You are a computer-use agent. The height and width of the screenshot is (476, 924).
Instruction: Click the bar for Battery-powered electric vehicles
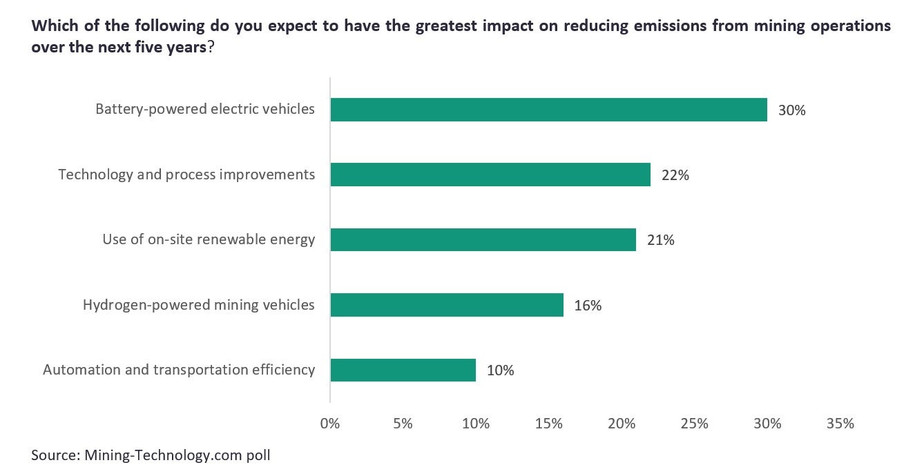click(x=548, y=110)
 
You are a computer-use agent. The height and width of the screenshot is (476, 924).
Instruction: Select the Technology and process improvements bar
click(x=490, y=175)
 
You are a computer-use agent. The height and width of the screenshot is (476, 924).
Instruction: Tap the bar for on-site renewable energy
click(x=483, y=239)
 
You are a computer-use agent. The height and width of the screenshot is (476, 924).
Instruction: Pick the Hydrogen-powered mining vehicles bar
click(x=447, y=305)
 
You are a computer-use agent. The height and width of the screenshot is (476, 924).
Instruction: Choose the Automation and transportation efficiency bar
click(x=403, y=370)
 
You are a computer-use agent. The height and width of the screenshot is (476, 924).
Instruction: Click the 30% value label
click(x=791, y=110)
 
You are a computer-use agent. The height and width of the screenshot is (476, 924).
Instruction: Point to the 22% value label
click(x=675, y=175)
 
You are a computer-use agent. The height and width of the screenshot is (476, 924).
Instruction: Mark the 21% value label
click(x=660, y=240)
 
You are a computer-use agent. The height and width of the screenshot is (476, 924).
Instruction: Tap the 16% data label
click(x=588, y=306)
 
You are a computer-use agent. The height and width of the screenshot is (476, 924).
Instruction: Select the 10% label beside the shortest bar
click(x=500, y=370)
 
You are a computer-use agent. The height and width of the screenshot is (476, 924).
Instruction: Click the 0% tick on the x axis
click(x=330, y=424)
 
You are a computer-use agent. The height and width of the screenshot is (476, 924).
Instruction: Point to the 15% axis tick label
click(x=548, y=424)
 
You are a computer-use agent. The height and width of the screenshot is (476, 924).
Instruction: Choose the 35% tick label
click(x=840, y=424)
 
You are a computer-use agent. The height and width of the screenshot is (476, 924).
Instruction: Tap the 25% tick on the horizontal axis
click(x=694, y=424)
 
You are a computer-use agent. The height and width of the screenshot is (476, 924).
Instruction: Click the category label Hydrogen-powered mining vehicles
click(x=199, y=305)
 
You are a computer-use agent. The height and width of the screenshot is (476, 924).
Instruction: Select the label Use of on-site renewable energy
click(x=209, y=239)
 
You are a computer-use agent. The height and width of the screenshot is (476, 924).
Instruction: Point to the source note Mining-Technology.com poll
click(x=151, y=455)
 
